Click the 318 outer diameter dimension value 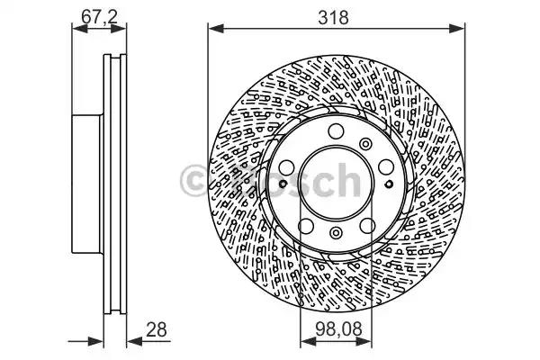pyautogui.click(x=333, y=17)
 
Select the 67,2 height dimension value pyautogui.click(x=100, y=16)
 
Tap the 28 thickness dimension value pyautogui.click(x=156, y=329)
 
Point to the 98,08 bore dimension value pyautogui.click(x=339, y=329)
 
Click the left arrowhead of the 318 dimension pyautogui.click(x=216, y=29)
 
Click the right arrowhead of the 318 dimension pyautogui.click(x=457, y=29)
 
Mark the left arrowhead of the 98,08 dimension pyautogui.click(x=308, y=341)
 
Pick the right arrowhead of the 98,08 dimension pyautogui.click(x=364, y=341)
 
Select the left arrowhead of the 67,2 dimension pyautogui.click(x=79, y=29)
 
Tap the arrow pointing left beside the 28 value pyautogui.click(x=135, y=341)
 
